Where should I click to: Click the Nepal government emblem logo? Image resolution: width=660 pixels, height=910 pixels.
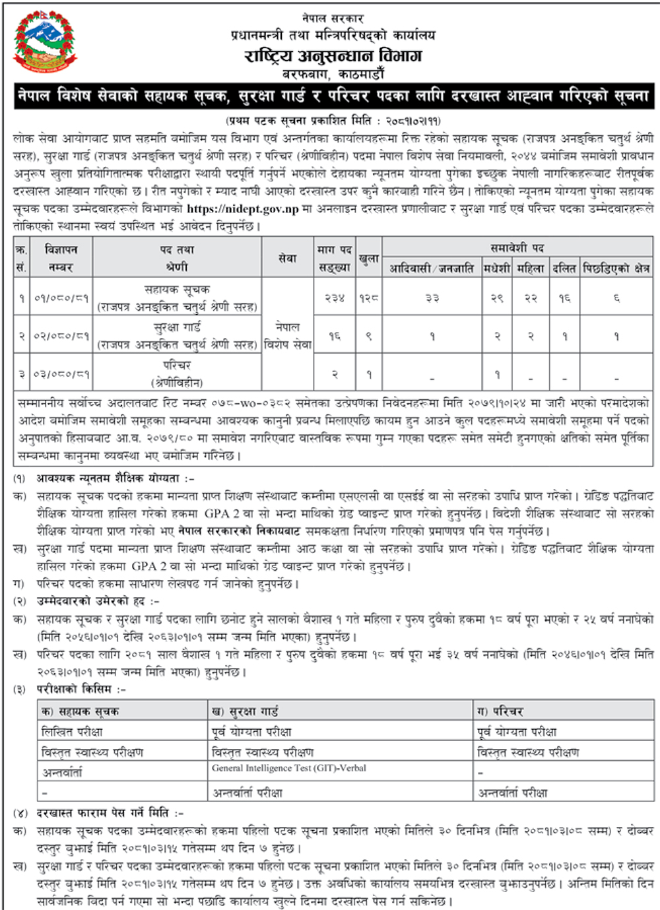coord(45,44)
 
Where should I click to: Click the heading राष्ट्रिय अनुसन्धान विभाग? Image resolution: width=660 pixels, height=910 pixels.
coord(333,56)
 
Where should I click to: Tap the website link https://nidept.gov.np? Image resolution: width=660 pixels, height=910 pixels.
coord(243,209)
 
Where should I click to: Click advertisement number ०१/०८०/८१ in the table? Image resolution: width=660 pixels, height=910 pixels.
coord(61,298)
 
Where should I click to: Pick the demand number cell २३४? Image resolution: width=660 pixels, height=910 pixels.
coord(335,298)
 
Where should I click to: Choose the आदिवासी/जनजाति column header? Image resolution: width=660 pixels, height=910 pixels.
coord(432,268)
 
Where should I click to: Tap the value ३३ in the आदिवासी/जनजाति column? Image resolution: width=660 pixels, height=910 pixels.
coord(432,298)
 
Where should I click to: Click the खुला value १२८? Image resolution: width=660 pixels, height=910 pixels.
coord(369,298)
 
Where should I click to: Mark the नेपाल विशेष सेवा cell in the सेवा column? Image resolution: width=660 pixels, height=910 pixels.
coord(287,335)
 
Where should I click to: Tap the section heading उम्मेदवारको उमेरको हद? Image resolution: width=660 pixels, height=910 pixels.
coord(98,601)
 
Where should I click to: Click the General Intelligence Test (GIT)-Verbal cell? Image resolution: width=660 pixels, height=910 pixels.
coord(289,768)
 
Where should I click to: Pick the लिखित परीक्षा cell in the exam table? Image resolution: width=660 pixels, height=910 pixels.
coord(72,732)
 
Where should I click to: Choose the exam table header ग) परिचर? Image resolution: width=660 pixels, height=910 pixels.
coord(500,711)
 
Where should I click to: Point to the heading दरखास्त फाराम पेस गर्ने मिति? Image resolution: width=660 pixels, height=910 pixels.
coord(110,813)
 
